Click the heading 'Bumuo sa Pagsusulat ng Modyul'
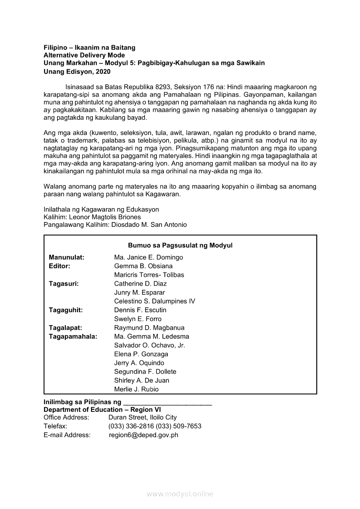point(180,246)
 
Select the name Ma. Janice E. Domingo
point(149,257)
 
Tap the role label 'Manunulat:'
point(67,257)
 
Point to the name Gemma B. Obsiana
point(143,266)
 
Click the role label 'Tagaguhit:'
point(66,310)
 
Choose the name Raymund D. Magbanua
point(149,328)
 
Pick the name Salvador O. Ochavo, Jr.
point(149,345)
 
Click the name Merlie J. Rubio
point(136,389)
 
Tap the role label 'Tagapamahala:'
point(73,337)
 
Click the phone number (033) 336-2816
point(131,426)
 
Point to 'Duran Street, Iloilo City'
point(143,418)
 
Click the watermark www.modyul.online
point(180,494)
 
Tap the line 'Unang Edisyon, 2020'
point(77,71)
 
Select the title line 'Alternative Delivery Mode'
point(84,55)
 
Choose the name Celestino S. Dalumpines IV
point(155,301)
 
